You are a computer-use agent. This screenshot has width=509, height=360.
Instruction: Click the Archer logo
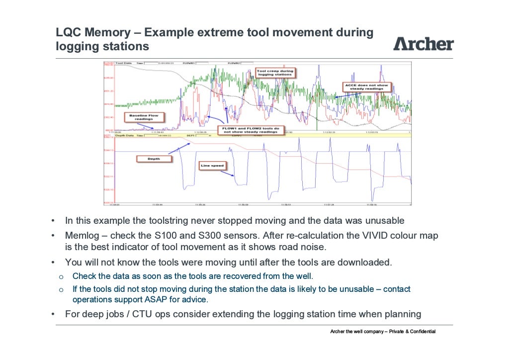(x=424, y=44)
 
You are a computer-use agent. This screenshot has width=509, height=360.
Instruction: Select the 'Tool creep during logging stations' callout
(x=275, y=73)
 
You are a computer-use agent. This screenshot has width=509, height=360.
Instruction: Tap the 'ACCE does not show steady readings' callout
(x=366, y=87)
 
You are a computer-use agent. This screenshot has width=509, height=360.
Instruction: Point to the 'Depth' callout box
(x=154, y=159)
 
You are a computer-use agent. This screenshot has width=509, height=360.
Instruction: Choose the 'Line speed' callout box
(x=212, y=165)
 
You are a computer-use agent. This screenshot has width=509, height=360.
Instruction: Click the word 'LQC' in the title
(x=68, y=33)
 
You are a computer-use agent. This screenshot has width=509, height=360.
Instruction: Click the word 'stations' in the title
(x=126, y=47)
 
